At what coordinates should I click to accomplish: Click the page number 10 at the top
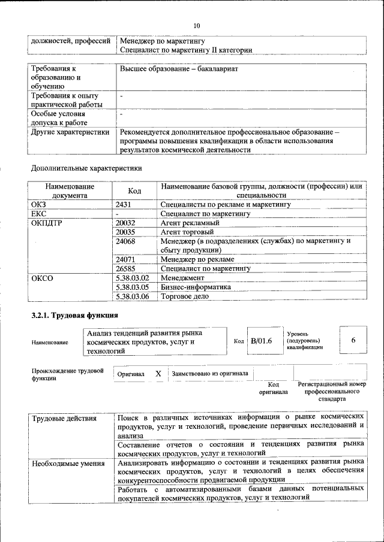click(x=196, y=26)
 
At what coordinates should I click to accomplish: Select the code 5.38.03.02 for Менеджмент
click(x=132, y=278)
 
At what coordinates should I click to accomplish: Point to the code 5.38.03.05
click(x=132, y=287)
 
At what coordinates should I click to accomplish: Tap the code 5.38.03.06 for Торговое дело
click(x=132, y=296)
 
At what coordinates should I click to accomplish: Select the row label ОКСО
click(x=42, y=278)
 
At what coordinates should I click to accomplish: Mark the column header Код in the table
click(x=134, y=190)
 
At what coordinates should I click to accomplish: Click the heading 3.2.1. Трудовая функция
click(x=74, y=315)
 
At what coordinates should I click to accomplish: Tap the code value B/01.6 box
click(x=262, y=341)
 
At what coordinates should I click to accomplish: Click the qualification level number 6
click(x=353, y=340)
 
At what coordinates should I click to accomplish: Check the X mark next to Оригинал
click(x=158, y=373)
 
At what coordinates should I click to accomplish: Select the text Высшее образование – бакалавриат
click(x=178, y=69)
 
